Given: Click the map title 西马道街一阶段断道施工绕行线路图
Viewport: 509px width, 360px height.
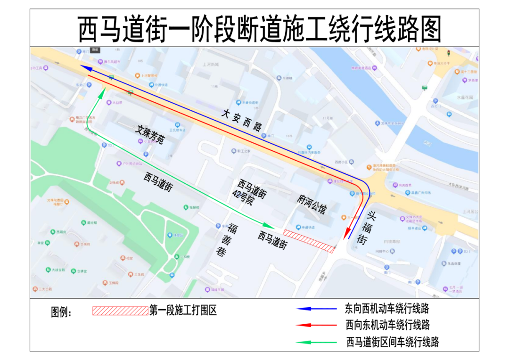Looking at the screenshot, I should pyautogui.click(x=259, y=29).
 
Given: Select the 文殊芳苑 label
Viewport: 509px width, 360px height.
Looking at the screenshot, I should pyautogui.click(x=150, y=135).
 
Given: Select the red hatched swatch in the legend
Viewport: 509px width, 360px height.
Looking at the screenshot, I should pyautogui.click(x=120, y=311).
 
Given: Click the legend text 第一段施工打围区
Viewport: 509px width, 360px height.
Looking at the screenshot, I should pyautogui.click(x=183, y=311).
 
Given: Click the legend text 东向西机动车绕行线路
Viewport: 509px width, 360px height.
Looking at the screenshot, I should pyautogui.click(x=387, y=309).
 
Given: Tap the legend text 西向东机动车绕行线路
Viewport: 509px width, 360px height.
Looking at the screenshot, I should pyautogui.click(x=387, y=325).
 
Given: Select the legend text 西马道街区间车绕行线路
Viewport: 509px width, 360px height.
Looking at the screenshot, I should pyautogui.click(x=393, y=342).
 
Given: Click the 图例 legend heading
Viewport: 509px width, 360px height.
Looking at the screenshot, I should pyautogui.click(x=61, y=312).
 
